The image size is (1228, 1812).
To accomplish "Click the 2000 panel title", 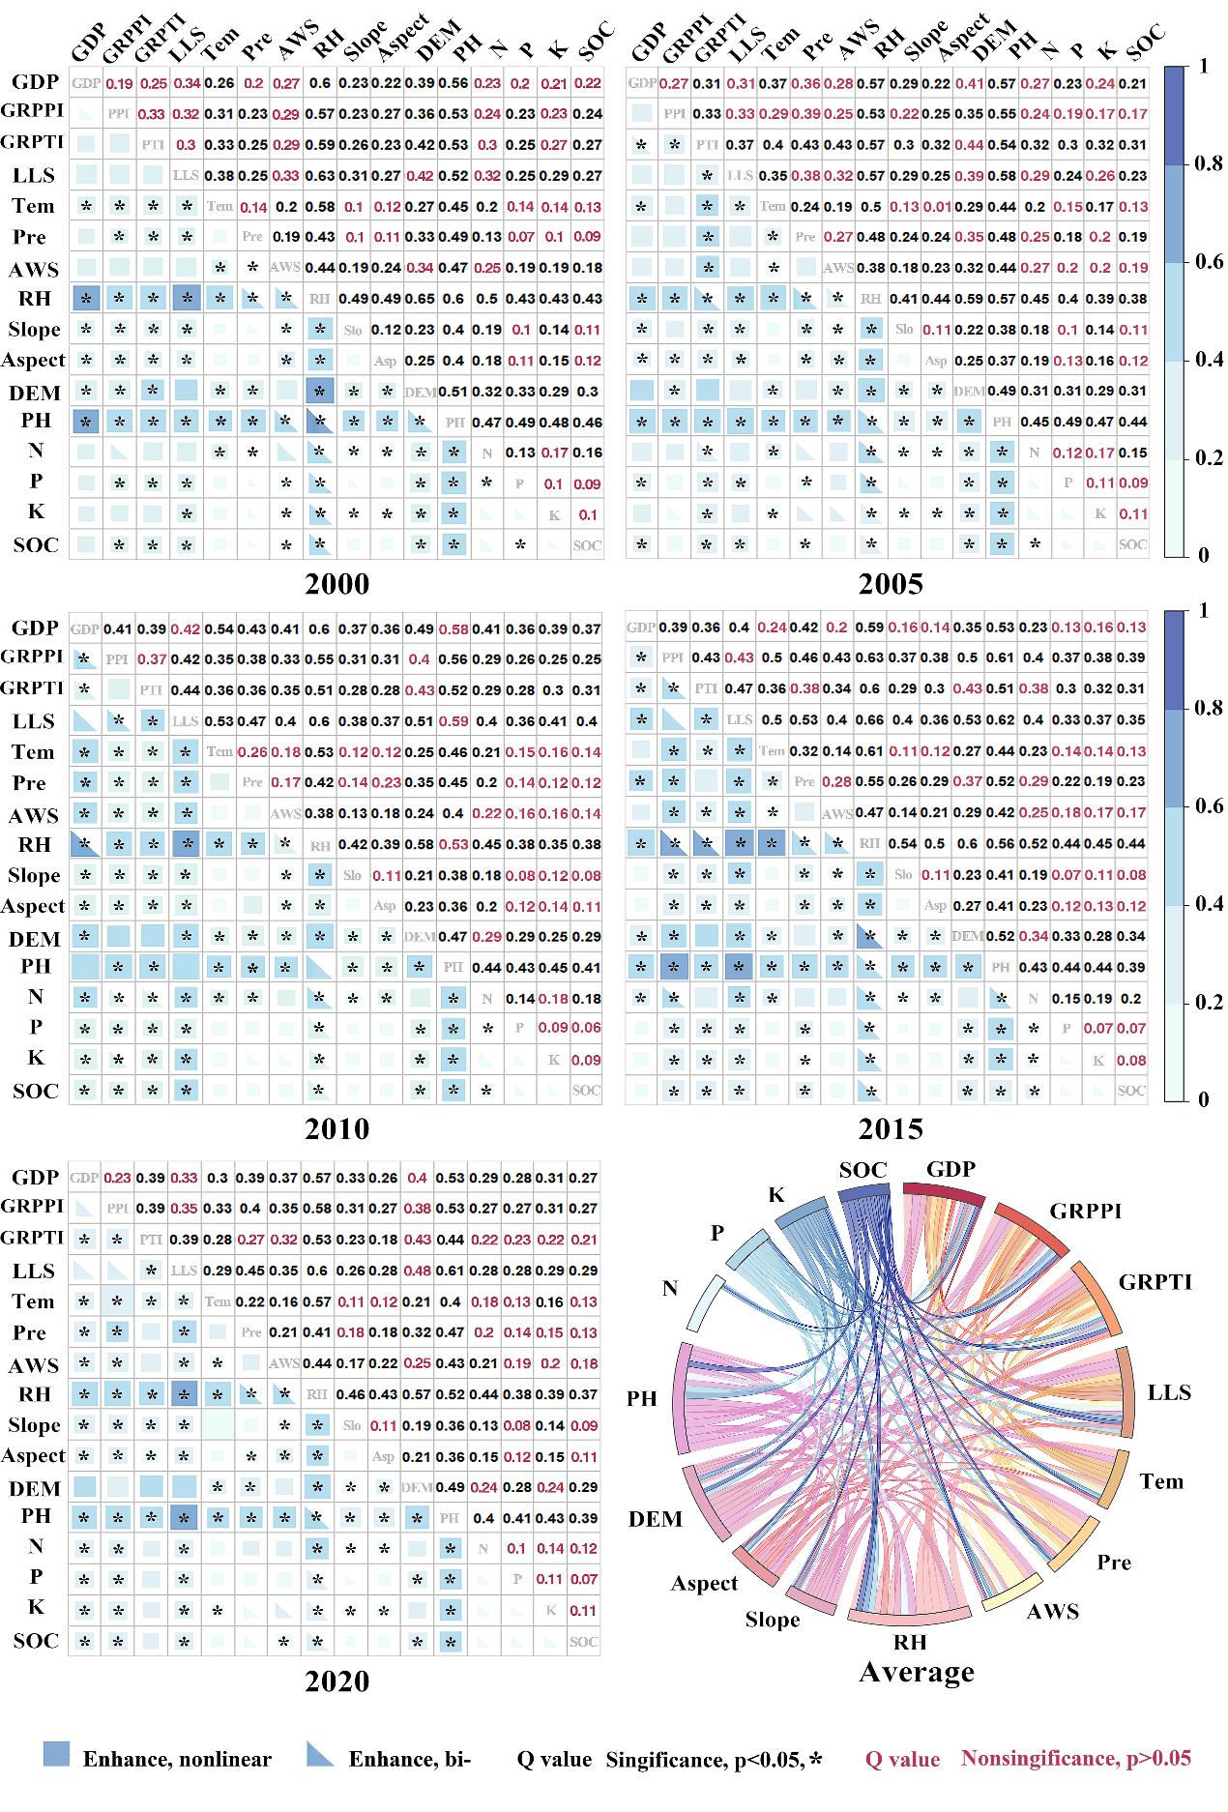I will pyautogui.click(x=336, y=583).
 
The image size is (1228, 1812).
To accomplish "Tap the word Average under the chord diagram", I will pyautogui.click(x=916, y=1671).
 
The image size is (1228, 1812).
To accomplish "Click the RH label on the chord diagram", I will pyautogui.click(x=909, y=1641).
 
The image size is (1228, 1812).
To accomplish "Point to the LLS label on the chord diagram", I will pyautogui.click(x=1169, y=1392).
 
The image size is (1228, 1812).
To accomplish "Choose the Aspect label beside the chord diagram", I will pyautogui.click(x=705, y=1583).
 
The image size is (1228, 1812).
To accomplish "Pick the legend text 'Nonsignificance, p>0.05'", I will pyautogui.click(x=1075, y=1758).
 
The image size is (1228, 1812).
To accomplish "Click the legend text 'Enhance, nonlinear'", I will pyautogui.click(x=176, y=1759).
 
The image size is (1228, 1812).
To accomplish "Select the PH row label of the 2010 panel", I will pyautogui.click(x=36, y=965).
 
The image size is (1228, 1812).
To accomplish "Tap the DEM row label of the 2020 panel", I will pyautogui.click(x=36, y=1488).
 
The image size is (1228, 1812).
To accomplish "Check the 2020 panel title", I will pyautogui.click(x=336, y=1680).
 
